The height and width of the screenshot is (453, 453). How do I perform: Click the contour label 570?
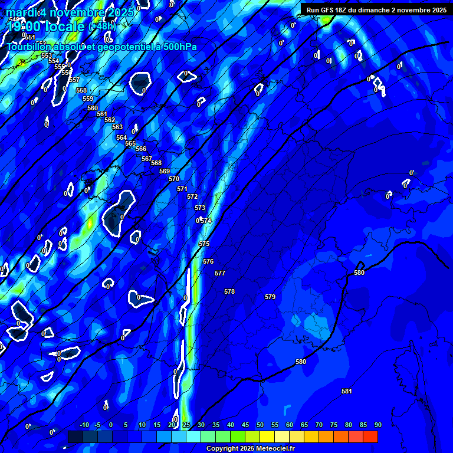pyautogui.click(x=174, y=179)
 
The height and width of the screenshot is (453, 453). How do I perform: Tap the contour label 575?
pyautogui.click(x=204, y=244)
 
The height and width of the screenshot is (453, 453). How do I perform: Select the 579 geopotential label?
pyautogui.click(x=270, y=297)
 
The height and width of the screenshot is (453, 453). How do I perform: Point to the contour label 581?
pyautogui.click(x=347, y=391)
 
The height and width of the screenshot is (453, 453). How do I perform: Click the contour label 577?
pyautogui.click(x=220, y=273)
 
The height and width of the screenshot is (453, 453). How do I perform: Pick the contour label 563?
pyautogui.click(x=117, y=127)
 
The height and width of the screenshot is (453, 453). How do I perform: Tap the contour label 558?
pyautogui.click(x=81, y=90)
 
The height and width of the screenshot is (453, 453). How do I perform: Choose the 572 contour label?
pyautogui.click(x=192, y=196)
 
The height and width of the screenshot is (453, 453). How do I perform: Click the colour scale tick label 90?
pyautogui.click(x=378, y=425)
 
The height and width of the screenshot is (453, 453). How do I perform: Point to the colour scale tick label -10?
pyautogui.click(x=84, y=425)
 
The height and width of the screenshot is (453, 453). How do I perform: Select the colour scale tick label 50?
pyautogui.click(x=260, y=425)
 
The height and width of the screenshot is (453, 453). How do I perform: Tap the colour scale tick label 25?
pyautogui.click(x=186, y=425)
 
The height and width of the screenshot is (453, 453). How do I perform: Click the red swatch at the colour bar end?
pyautogui.click(x=370, y=436)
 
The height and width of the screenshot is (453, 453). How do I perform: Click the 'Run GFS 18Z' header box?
pyautogui.click(x=376, y=9)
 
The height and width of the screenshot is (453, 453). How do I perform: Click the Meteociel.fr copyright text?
pyautogui.click(x=250, y=449)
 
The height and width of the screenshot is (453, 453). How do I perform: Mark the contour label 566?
pyautogui.click(x=141, y=149)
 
